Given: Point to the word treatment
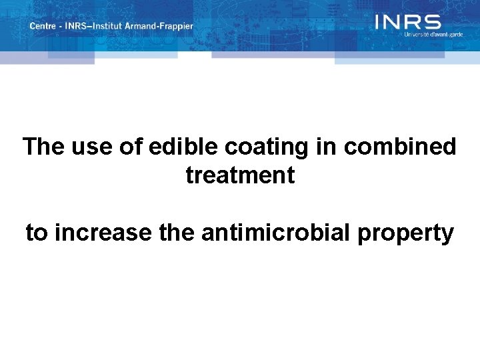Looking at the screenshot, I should (x=240, y=175).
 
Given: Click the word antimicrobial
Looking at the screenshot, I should (x=275, y=233).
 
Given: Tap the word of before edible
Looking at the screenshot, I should (x=131, y=147).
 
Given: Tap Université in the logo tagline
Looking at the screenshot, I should (x=418, y=34).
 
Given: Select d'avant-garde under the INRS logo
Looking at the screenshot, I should (x=446, y=34).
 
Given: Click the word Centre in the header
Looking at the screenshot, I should (x=42, y=26).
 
